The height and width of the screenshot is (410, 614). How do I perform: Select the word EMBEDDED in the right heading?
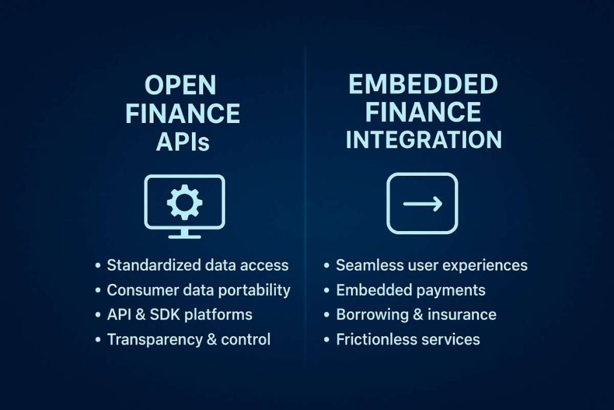(x=423, y=85)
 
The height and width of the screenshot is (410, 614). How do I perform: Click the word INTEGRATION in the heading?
(x=423, y=139)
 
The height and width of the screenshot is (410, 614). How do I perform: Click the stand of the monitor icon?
(x=184, y=234)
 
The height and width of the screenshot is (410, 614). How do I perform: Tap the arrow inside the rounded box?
(x=422, y=203)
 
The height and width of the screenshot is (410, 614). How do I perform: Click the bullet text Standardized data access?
(x=197, y=265)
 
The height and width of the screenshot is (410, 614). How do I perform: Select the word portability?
(x=254, y=290)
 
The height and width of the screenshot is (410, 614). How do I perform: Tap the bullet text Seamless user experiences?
(x=431, y=265)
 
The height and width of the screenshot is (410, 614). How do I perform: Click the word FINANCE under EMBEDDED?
(x=423, y=112)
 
